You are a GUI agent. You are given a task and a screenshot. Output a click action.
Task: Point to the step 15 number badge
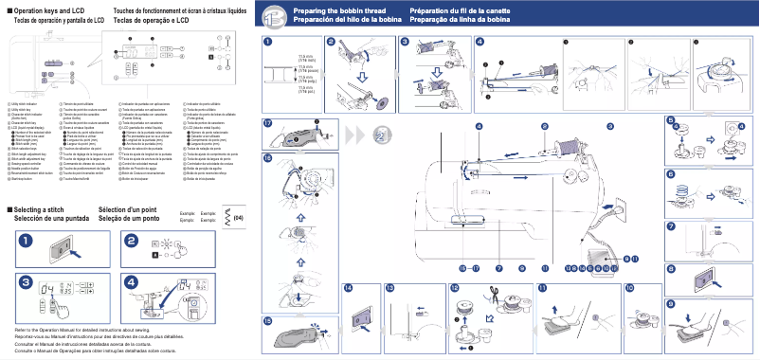[268, 320]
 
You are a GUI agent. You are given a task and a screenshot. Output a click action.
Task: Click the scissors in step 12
[493, 305]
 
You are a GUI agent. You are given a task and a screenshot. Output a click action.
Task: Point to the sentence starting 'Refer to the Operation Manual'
[76, 330]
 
